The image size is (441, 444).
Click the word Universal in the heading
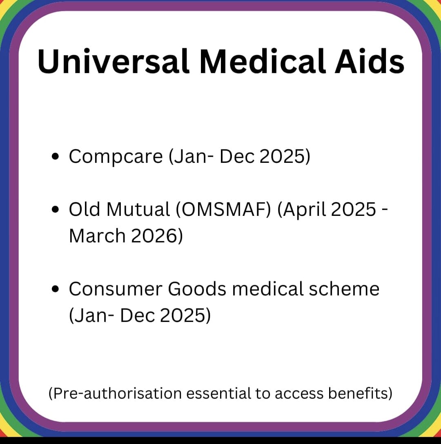click(x=114, y=62)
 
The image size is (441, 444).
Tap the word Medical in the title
click(x=262, y=62)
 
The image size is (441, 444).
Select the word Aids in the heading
click(x=370, y=62)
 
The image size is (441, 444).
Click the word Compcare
click(x=116, y=157)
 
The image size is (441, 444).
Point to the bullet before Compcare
click(x=56, y=156)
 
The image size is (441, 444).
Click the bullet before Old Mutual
click(x=56, y=209)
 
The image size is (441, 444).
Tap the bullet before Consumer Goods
click(x=56, y=289)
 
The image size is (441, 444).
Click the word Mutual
click(x=138, y=209)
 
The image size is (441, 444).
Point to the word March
click(x=97, y=235)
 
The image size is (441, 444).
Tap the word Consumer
click(x=115, y=289)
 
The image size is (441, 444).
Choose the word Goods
click(x=197, y=289)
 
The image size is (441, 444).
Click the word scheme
click(x=344, y=289)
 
